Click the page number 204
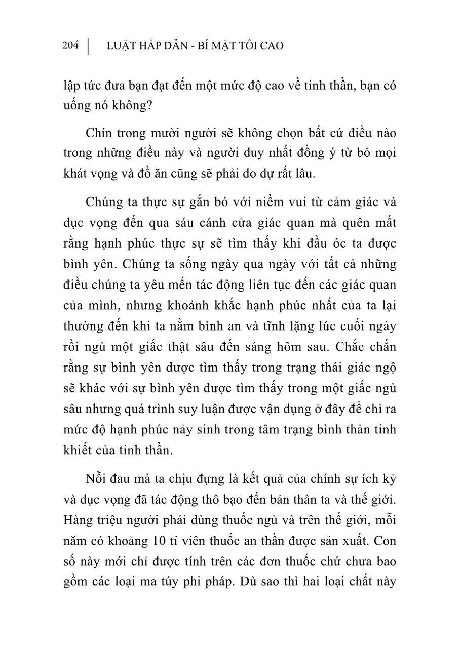70,46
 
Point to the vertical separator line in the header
89,46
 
